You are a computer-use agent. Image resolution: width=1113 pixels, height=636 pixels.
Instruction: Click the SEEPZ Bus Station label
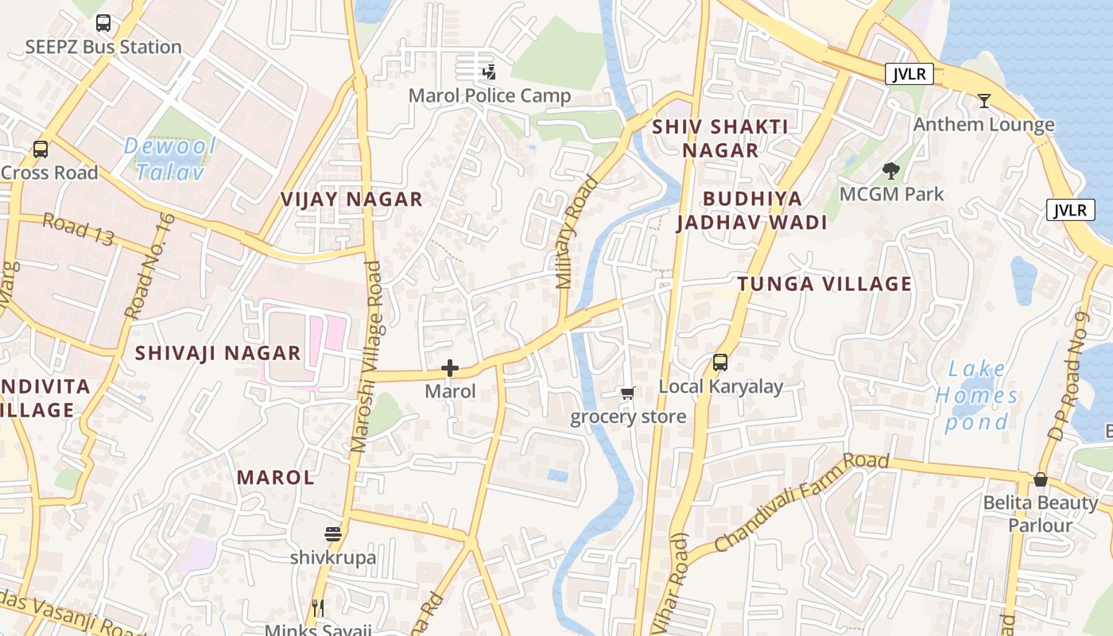point(103,47)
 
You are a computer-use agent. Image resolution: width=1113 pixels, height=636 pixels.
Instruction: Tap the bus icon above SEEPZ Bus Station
point(103,23)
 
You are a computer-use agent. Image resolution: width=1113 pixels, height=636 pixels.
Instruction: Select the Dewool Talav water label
point(170,159)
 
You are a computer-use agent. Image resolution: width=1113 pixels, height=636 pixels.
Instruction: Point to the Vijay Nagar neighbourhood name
point(351,200)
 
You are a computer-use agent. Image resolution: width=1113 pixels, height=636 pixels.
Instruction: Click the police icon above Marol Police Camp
point(489,72)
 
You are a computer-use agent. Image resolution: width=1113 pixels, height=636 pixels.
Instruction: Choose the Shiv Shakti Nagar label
point(720,138)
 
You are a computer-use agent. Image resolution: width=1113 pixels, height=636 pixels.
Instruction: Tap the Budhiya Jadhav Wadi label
point(752,211)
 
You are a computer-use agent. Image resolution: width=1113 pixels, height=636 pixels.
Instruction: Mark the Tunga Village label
point(824,284)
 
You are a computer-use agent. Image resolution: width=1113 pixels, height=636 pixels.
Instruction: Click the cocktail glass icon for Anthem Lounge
point(984,101)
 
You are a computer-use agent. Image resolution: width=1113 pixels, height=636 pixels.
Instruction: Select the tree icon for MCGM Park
point(891,170)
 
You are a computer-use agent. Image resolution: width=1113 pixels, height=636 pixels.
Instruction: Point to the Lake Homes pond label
point(976,395)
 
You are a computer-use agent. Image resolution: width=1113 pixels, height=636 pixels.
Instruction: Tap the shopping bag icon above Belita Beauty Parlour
point(1040,479)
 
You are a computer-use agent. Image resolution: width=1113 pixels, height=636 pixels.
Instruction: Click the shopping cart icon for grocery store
point(627,393)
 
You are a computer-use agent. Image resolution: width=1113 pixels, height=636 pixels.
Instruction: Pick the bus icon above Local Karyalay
point(720,363)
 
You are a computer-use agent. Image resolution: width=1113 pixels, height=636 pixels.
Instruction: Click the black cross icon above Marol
point(450,368)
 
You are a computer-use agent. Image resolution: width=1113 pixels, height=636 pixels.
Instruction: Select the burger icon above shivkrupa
point(333,534)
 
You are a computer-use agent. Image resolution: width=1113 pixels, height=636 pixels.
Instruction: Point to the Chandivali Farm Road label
point(801,503)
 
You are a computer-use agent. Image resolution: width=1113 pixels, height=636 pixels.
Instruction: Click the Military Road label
point(576,231)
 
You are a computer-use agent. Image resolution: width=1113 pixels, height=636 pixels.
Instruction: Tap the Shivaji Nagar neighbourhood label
point(218,353)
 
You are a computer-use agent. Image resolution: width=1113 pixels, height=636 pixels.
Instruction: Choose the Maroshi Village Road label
point(366,358)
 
